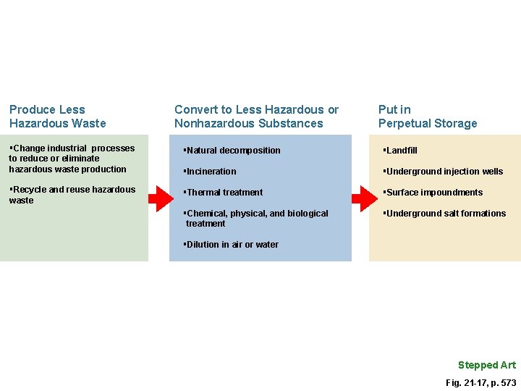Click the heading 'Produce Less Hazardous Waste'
(58, 117)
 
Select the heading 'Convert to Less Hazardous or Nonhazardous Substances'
(256, 117)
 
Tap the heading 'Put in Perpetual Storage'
(427, 117)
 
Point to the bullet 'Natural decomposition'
(232, 151)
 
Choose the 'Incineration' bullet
(211, 172)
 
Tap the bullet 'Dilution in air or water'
(232, 245)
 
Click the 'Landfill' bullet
(401, 151)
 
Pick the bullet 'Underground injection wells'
(444, 172)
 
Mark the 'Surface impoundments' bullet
(433, 193)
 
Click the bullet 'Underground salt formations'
(445, 214)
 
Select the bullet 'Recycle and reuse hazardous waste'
(72, 195)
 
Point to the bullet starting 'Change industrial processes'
(71, 159)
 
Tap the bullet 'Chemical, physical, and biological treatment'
(256, 218)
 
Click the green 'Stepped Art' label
(486, 365)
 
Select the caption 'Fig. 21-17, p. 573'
(480, 382)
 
